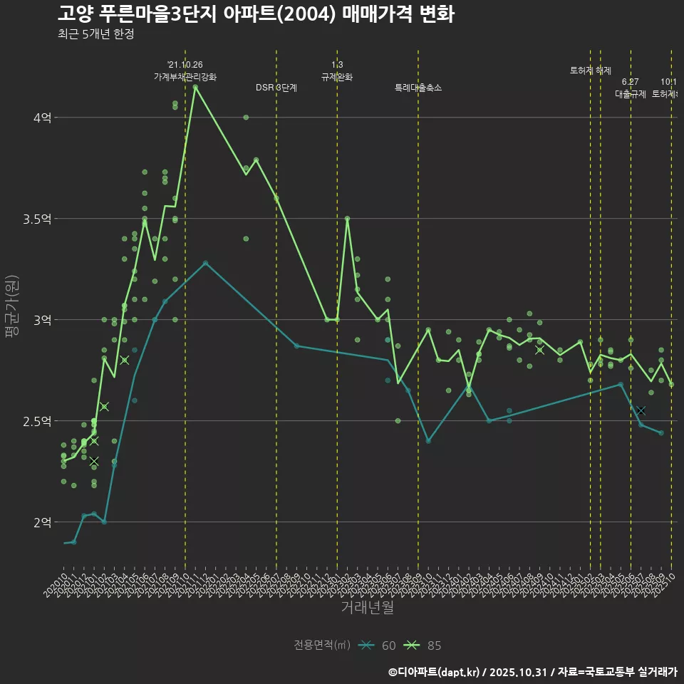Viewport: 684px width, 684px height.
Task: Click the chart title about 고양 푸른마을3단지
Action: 255,14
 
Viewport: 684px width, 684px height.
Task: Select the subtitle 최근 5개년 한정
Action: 95,34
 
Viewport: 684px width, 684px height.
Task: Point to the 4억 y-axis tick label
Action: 43,118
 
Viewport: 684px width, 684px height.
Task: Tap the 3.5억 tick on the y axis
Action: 38,219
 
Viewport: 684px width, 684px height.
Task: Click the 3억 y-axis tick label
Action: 43,320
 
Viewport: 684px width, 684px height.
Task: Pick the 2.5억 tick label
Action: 38,421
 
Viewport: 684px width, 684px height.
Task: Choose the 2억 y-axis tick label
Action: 43,522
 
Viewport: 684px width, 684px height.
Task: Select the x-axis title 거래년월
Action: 367,608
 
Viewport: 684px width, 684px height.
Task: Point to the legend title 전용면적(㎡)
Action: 322,646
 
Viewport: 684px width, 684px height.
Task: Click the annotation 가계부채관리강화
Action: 185,76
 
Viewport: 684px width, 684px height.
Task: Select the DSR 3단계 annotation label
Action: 276,88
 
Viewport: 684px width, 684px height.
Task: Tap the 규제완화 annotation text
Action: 337,76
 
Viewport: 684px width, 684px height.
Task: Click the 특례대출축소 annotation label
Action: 418,88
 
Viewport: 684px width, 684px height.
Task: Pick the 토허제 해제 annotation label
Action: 591,71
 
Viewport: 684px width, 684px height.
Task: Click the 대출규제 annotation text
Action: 630,93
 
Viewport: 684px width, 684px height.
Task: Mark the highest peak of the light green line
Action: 195,87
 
